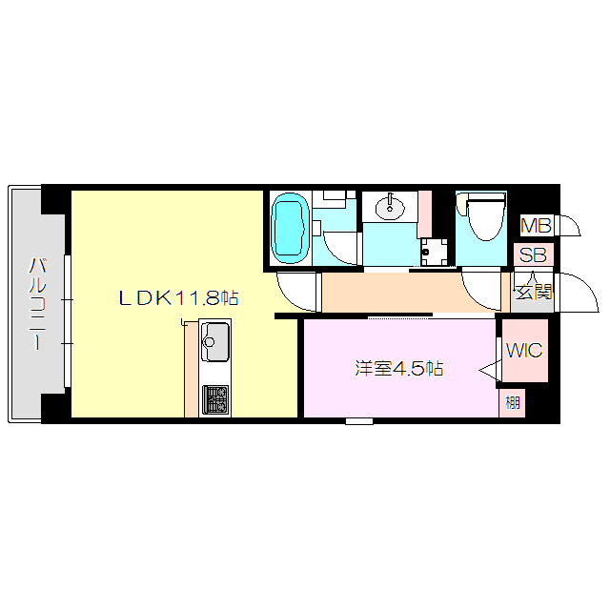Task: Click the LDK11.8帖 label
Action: pos(177,298)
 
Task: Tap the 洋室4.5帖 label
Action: pos(399,368)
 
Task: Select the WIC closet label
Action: pos(523,350)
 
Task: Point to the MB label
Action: pos(536,226)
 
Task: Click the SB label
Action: pos(532,255)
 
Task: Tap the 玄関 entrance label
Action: pos(533,292)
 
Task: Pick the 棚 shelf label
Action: pos(513,402)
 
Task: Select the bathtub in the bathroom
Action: pos(290,230)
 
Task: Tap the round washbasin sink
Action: pos(389,205)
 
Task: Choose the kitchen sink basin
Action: pos(214,340)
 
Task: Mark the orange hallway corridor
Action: pos(410,293)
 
